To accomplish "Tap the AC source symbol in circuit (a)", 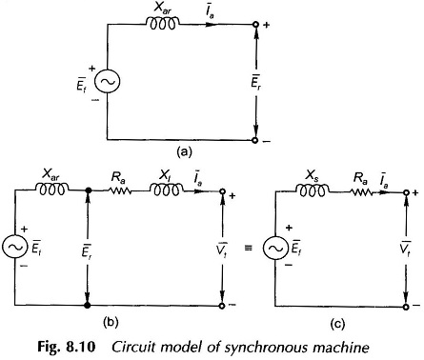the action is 108,82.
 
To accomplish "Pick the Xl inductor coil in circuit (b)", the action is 166,190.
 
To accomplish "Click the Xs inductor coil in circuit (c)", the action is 313,190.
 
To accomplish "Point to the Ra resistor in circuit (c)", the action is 361,192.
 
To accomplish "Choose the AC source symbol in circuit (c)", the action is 275,248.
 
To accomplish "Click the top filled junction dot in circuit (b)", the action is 88,190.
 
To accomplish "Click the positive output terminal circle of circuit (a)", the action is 255,24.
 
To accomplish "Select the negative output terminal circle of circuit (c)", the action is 406,307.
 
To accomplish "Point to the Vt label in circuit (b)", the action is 223,248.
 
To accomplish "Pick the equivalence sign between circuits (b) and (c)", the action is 249,248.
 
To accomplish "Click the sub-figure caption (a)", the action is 184,152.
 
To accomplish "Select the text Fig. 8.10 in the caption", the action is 67,347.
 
